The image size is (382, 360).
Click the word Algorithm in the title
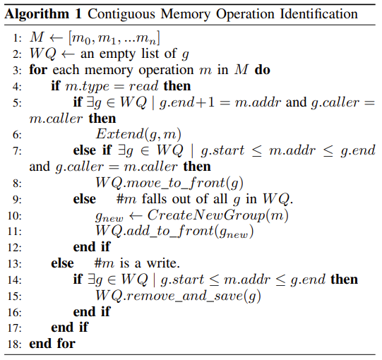click(x=37, y=15)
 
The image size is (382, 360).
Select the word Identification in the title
click(x=318, y=13)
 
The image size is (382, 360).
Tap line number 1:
click(x=17, y=38)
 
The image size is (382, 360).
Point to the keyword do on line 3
click(x=263, y=70)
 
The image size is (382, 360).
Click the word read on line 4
click(x=143, y=86)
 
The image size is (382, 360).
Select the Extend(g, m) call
click(x=138, y=134)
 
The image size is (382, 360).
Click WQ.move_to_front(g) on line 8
click(x=169, y=183)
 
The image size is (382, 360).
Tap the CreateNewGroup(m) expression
click(x=217, y=215)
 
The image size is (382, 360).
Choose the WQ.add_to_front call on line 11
click(x=174, y=231)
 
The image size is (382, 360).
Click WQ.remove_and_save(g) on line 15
click(x=178, y=296)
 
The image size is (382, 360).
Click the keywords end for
click(x=52, y=344)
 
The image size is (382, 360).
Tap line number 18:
click(x=15, y=344)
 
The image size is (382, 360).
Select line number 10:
click(x=15, y=216)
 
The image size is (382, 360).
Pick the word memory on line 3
click(x=109, y=71)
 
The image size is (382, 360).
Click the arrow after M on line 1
click(x=56, y=37)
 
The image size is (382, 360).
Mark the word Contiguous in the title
click(x=121, y=15)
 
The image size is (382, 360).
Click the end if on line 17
click(x=69, y=328)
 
